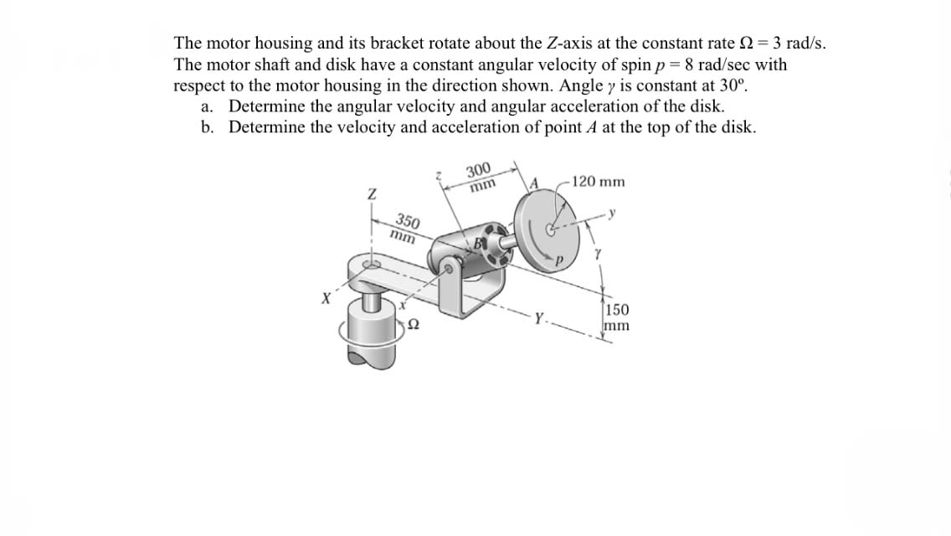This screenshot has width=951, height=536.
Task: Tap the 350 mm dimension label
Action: click(x=406, y=228)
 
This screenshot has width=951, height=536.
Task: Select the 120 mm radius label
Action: click(x=599, y=182)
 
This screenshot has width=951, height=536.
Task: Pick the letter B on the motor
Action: click(x=479, y=244)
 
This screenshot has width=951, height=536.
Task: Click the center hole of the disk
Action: click(x=550, y=228)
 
